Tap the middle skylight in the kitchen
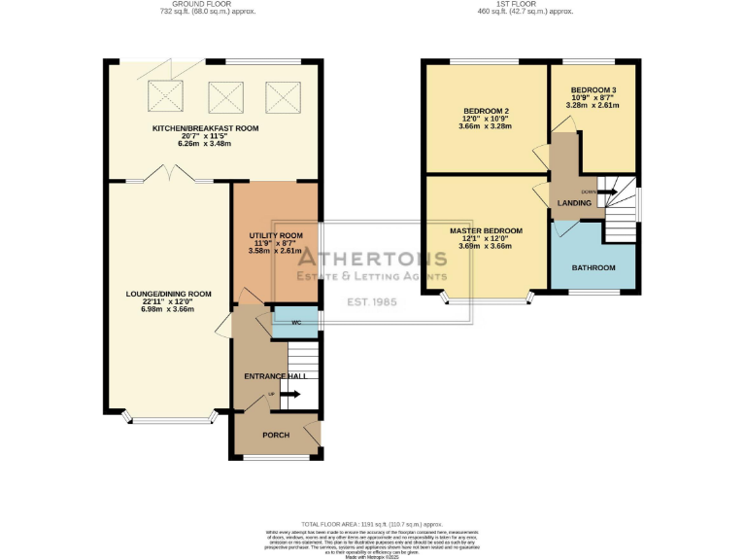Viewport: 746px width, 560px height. coord(225,96)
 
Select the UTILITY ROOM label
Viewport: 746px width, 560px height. coord(276,236)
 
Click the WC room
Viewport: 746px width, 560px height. coord(295,323)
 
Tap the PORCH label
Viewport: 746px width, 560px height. coord(264,435)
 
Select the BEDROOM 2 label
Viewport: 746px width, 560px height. coord(487,110)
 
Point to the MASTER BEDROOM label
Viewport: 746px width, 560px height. coord(486,231)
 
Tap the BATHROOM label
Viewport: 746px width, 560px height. coord(593,267)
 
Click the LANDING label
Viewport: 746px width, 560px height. coord(575,203)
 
